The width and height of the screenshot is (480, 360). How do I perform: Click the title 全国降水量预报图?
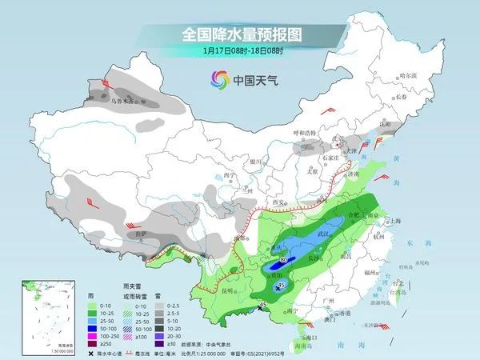239,35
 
